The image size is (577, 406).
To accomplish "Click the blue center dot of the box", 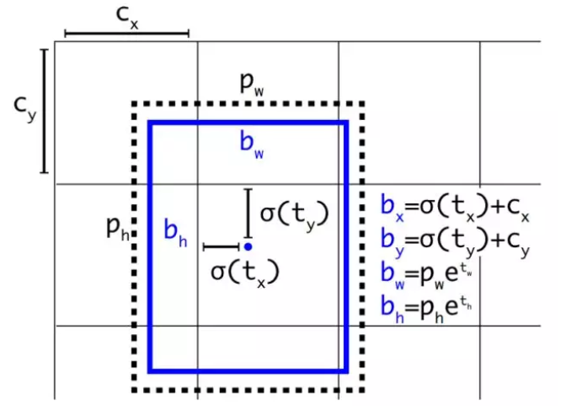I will [x=248, y=246].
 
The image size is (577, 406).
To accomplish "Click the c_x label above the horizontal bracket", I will [x=127, y=15].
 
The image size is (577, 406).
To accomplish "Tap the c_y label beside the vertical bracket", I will [x=25, y=111].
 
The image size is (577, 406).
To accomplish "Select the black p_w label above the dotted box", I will [x=250, y=83].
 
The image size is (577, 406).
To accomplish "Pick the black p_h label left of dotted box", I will [x=116, y=225].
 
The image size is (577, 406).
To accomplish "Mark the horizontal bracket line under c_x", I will [x=126, y=35].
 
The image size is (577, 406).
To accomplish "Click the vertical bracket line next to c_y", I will [x=45, y=111].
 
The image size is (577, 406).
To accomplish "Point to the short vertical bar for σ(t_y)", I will [x=248, y=212].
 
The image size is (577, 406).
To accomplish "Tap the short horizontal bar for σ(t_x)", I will [x=222, y=247].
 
